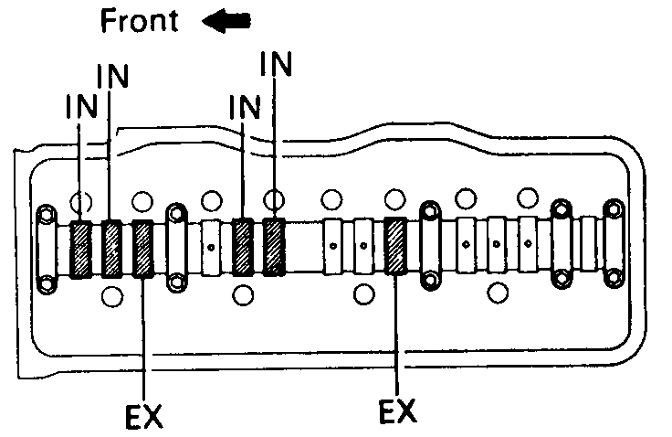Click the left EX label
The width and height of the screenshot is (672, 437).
click(142, 416)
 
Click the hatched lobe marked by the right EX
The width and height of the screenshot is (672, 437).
click(395, 246)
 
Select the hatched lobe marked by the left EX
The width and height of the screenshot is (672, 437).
click(144, 249)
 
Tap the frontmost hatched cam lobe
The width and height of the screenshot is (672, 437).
click(81, 249)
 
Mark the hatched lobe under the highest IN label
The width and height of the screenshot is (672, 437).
click(275, 247)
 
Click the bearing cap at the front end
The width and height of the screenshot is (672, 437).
click(45, 248)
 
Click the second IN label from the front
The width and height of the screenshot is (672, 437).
click(111, 77)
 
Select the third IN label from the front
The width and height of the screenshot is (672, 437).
click(244, 107)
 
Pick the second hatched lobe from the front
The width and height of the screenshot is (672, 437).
click(111, 249)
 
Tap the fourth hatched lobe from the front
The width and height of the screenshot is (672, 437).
click(243, 247)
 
